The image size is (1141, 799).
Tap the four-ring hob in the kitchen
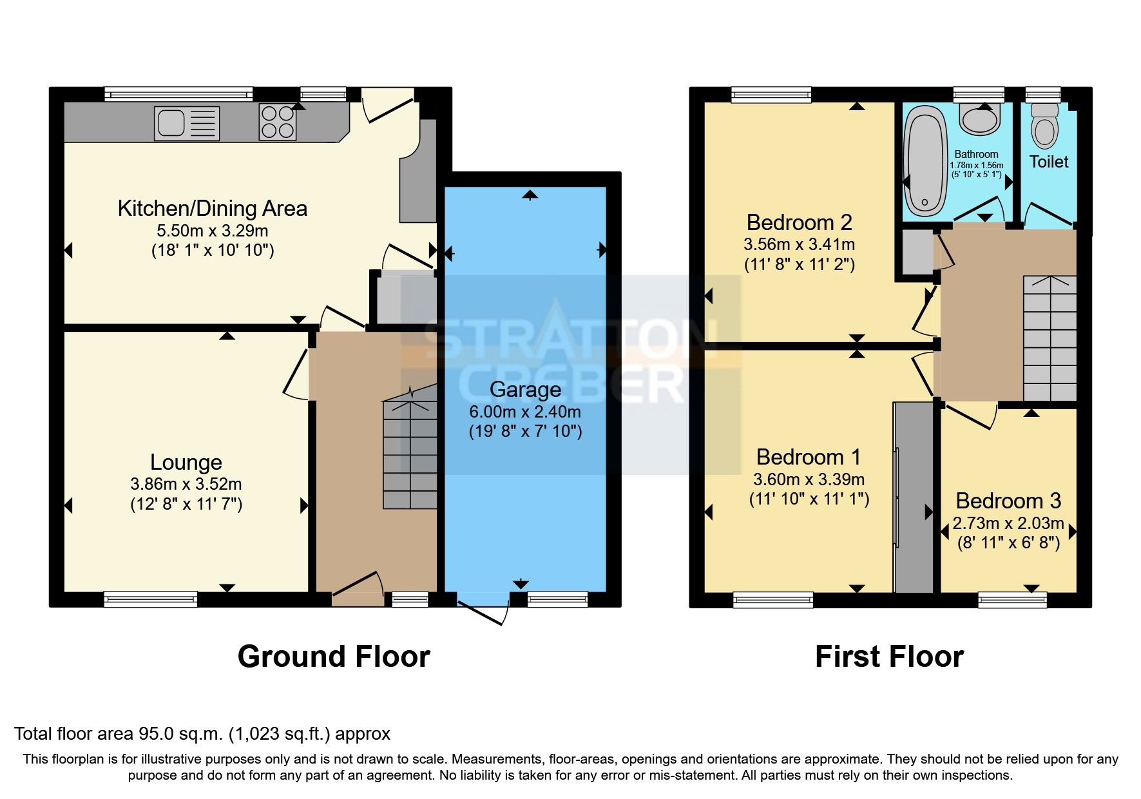[278, 122]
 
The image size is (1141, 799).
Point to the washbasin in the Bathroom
[979, 120]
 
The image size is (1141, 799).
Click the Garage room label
[525, 390]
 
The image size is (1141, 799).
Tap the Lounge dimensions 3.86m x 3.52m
[186, 484]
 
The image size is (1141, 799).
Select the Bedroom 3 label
[1008, 501]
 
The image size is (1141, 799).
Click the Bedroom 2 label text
[799, 222]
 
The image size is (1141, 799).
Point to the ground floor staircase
[410, 454]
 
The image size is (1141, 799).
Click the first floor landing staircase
[1050, 338]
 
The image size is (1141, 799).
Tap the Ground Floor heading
[334, 657]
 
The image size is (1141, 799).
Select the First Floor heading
[889, 657]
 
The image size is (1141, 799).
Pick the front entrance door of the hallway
[358, 588]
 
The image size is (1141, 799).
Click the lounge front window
[151, 600]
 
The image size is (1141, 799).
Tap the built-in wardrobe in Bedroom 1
[913, 497]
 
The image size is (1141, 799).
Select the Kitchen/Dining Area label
[212, 209]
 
